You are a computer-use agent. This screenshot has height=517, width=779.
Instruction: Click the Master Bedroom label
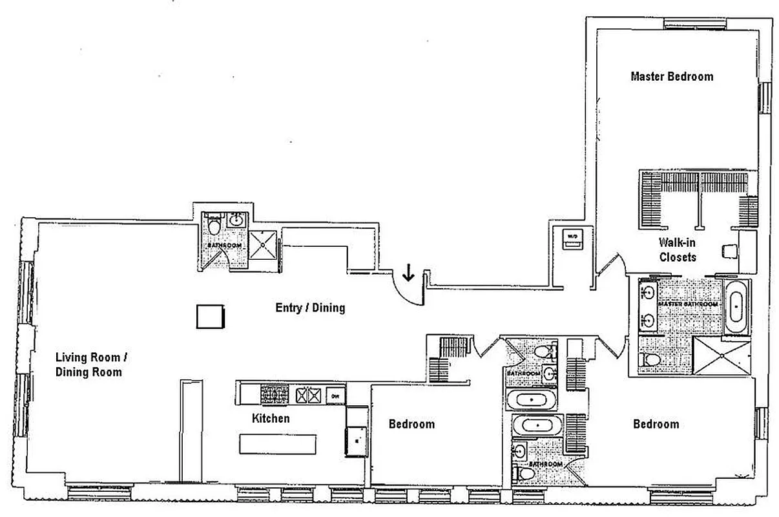click(672, 77)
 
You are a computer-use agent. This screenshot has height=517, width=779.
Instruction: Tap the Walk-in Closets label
click(677, 250)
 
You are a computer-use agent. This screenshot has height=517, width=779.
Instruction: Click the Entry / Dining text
click(310, 308)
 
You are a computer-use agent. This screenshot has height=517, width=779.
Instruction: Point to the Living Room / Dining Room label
click(88, 364)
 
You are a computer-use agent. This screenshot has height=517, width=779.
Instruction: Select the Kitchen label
click(271, 419)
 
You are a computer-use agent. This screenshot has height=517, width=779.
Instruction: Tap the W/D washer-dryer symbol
click(572, 237)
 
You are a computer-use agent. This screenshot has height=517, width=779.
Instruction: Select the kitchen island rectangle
click(278, 445)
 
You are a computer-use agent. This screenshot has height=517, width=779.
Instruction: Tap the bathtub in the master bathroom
click(736, 307)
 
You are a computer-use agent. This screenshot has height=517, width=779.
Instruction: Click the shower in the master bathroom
click(720, 355)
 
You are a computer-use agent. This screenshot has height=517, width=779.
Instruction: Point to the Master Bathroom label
click(687, 304)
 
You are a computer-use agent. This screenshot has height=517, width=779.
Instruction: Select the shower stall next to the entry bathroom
click(264, 244)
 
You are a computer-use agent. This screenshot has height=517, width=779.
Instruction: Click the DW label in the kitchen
click(335, 396)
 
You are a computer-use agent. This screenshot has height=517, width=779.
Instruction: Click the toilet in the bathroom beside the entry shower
click(214, 225)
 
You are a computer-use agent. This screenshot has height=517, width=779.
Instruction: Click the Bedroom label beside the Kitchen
click(411, 425)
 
